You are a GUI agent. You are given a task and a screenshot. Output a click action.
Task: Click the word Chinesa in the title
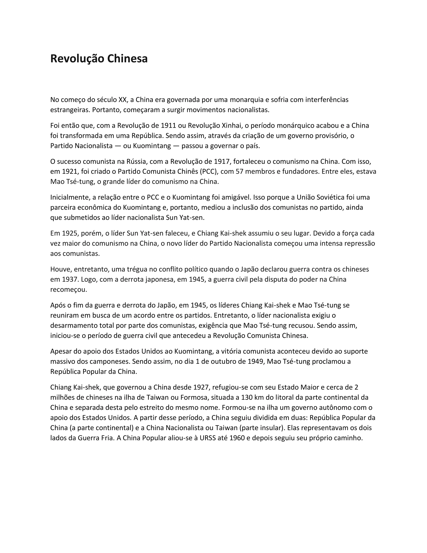pyautogui.click(x=127, y=59)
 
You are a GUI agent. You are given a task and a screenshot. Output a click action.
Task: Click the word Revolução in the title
pyautogui.click(x=77, y=59)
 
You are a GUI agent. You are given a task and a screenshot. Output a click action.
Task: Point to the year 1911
pyautogui.click(x=168, y=126)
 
